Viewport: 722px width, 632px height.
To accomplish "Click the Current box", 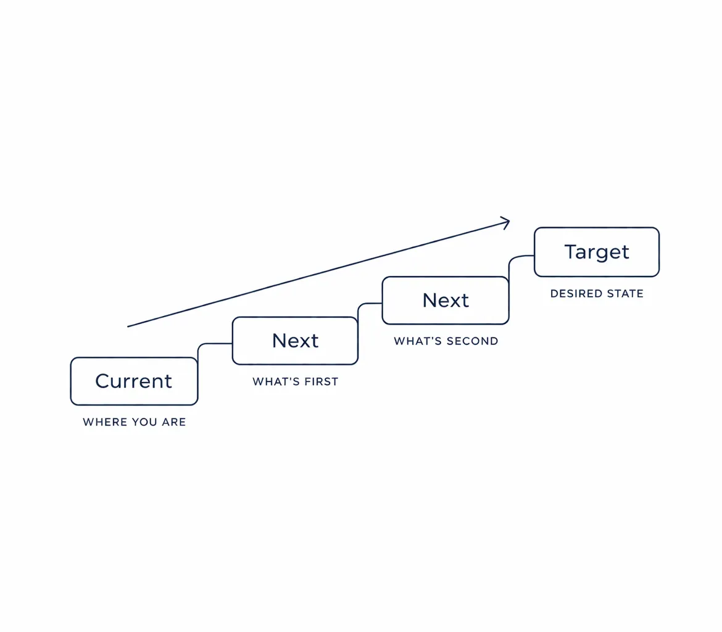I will (x=134, y=381).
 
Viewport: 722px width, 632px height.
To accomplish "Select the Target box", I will (x=596, y=252).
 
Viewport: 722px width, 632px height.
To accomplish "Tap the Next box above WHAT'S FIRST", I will (x=295, y=341).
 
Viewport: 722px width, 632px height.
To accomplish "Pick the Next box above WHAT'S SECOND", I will (x=445, y=300).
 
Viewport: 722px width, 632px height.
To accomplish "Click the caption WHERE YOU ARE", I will (x=134, y=423).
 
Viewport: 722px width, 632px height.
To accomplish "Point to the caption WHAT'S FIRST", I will (x=295, y=382).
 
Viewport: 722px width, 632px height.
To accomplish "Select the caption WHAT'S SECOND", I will (x=446, y=341).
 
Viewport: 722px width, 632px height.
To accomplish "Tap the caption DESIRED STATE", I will (x=596, y=294).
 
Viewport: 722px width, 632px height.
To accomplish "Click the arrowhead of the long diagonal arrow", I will (x=506, y=222).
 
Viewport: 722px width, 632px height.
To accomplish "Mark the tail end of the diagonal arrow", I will (x=129, y=325).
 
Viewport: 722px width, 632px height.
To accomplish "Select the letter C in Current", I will (x=102, y=381).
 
